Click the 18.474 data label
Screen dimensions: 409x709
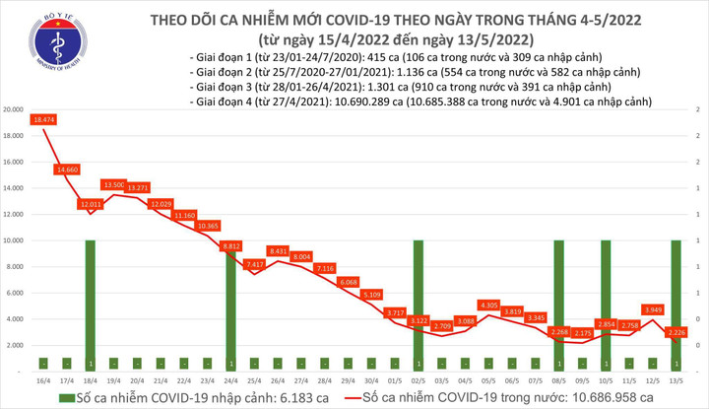click(x=43, y=119)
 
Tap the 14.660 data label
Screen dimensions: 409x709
click(x=68, y=170)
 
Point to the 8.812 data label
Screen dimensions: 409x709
click(x=232, y=245)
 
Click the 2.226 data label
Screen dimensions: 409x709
click(x=677, y=332)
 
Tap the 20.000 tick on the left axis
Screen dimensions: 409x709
click(x=15, y=109)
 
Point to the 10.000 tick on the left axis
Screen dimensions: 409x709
click(x=15, y=239)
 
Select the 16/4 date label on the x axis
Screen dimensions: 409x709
click(x=43, y=378)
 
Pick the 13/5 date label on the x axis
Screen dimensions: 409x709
click(x=677, y=378)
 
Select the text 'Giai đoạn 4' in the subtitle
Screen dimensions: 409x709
click(x=226, y=102)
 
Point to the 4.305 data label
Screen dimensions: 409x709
click(x=488, y=305)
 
